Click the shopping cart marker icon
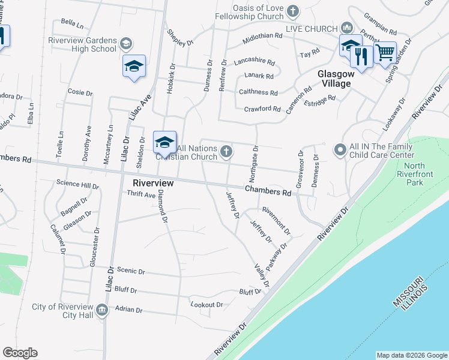(x=385, y=53)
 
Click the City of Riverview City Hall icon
(x=102, y=310)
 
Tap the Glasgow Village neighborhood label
(x=334, y=79)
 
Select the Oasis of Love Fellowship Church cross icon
(x=292, y=11)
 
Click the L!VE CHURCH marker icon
(x=346, y=28)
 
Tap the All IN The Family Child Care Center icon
(x=340, y=149)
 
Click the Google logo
(x=20, y=353)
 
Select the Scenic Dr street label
(x=133, y=271)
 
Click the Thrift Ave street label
(x=141, y=194)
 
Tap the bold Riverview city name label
(x=153, y=182)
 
